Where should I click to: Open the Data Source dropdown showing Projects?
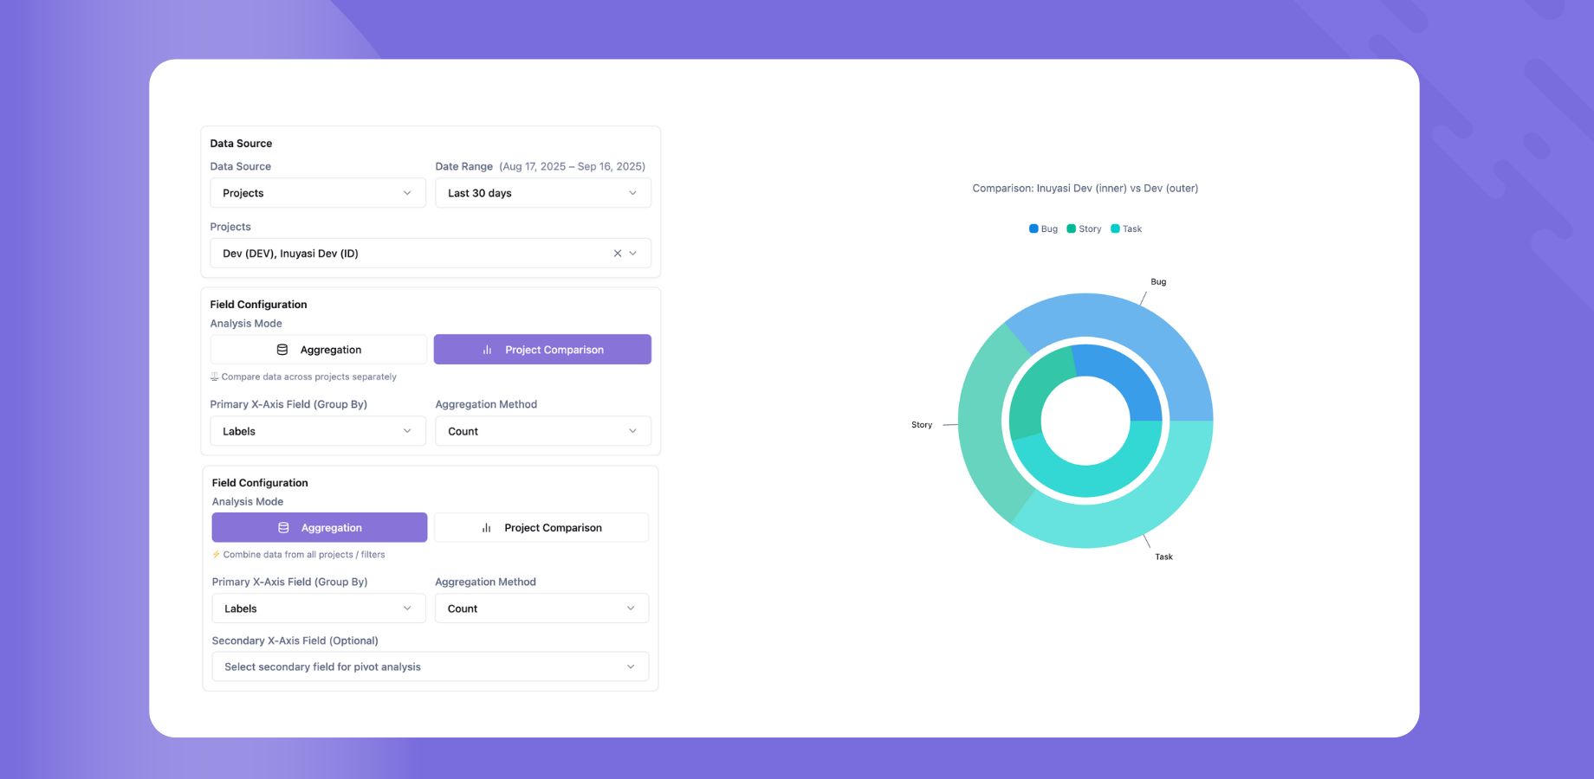pyautogui.click(x=317, y=193)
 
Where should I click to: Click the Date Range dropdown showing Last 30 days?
pyautogui.click(x=542, y=193)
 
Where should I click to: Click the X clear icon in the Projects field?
pyautogui.click(x=618, y=254)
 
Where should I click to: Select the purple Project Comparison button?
pyautogui.click(x=542, y=350)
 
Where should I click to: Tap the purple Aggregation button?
pyautogui.click(x=319, y=527)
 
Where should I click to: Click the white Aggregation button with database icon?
pyautogui.click(x=318, y=350)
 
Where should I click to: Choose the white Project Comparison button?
pyautogui.click(x=541, y=527)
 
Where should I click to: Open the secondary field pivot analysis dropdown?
pyautogui.click(x=430, y=666)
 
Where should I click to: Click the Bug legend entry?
pyautogui.click(x=1043, y=229)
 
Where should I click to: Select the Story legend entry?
pyautogui.click(x=1084, y=229)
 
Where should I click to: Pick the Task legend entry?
pyautogui.click(x=1126, y=229)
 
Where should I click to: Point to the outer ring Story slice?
pyautogui.click(x=983, y=424)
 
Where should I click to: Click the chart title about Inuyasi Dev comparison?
pyautogui.click(x=1085, y=189)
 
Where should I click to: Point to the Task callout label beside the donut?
pyautogui.click(x=1163, y=557)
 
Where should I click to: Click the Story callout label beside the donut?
pyautogui.click(x=922, y=425)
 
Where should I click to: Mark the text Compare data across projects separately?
pyautogui.click(x=308, y=377)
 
